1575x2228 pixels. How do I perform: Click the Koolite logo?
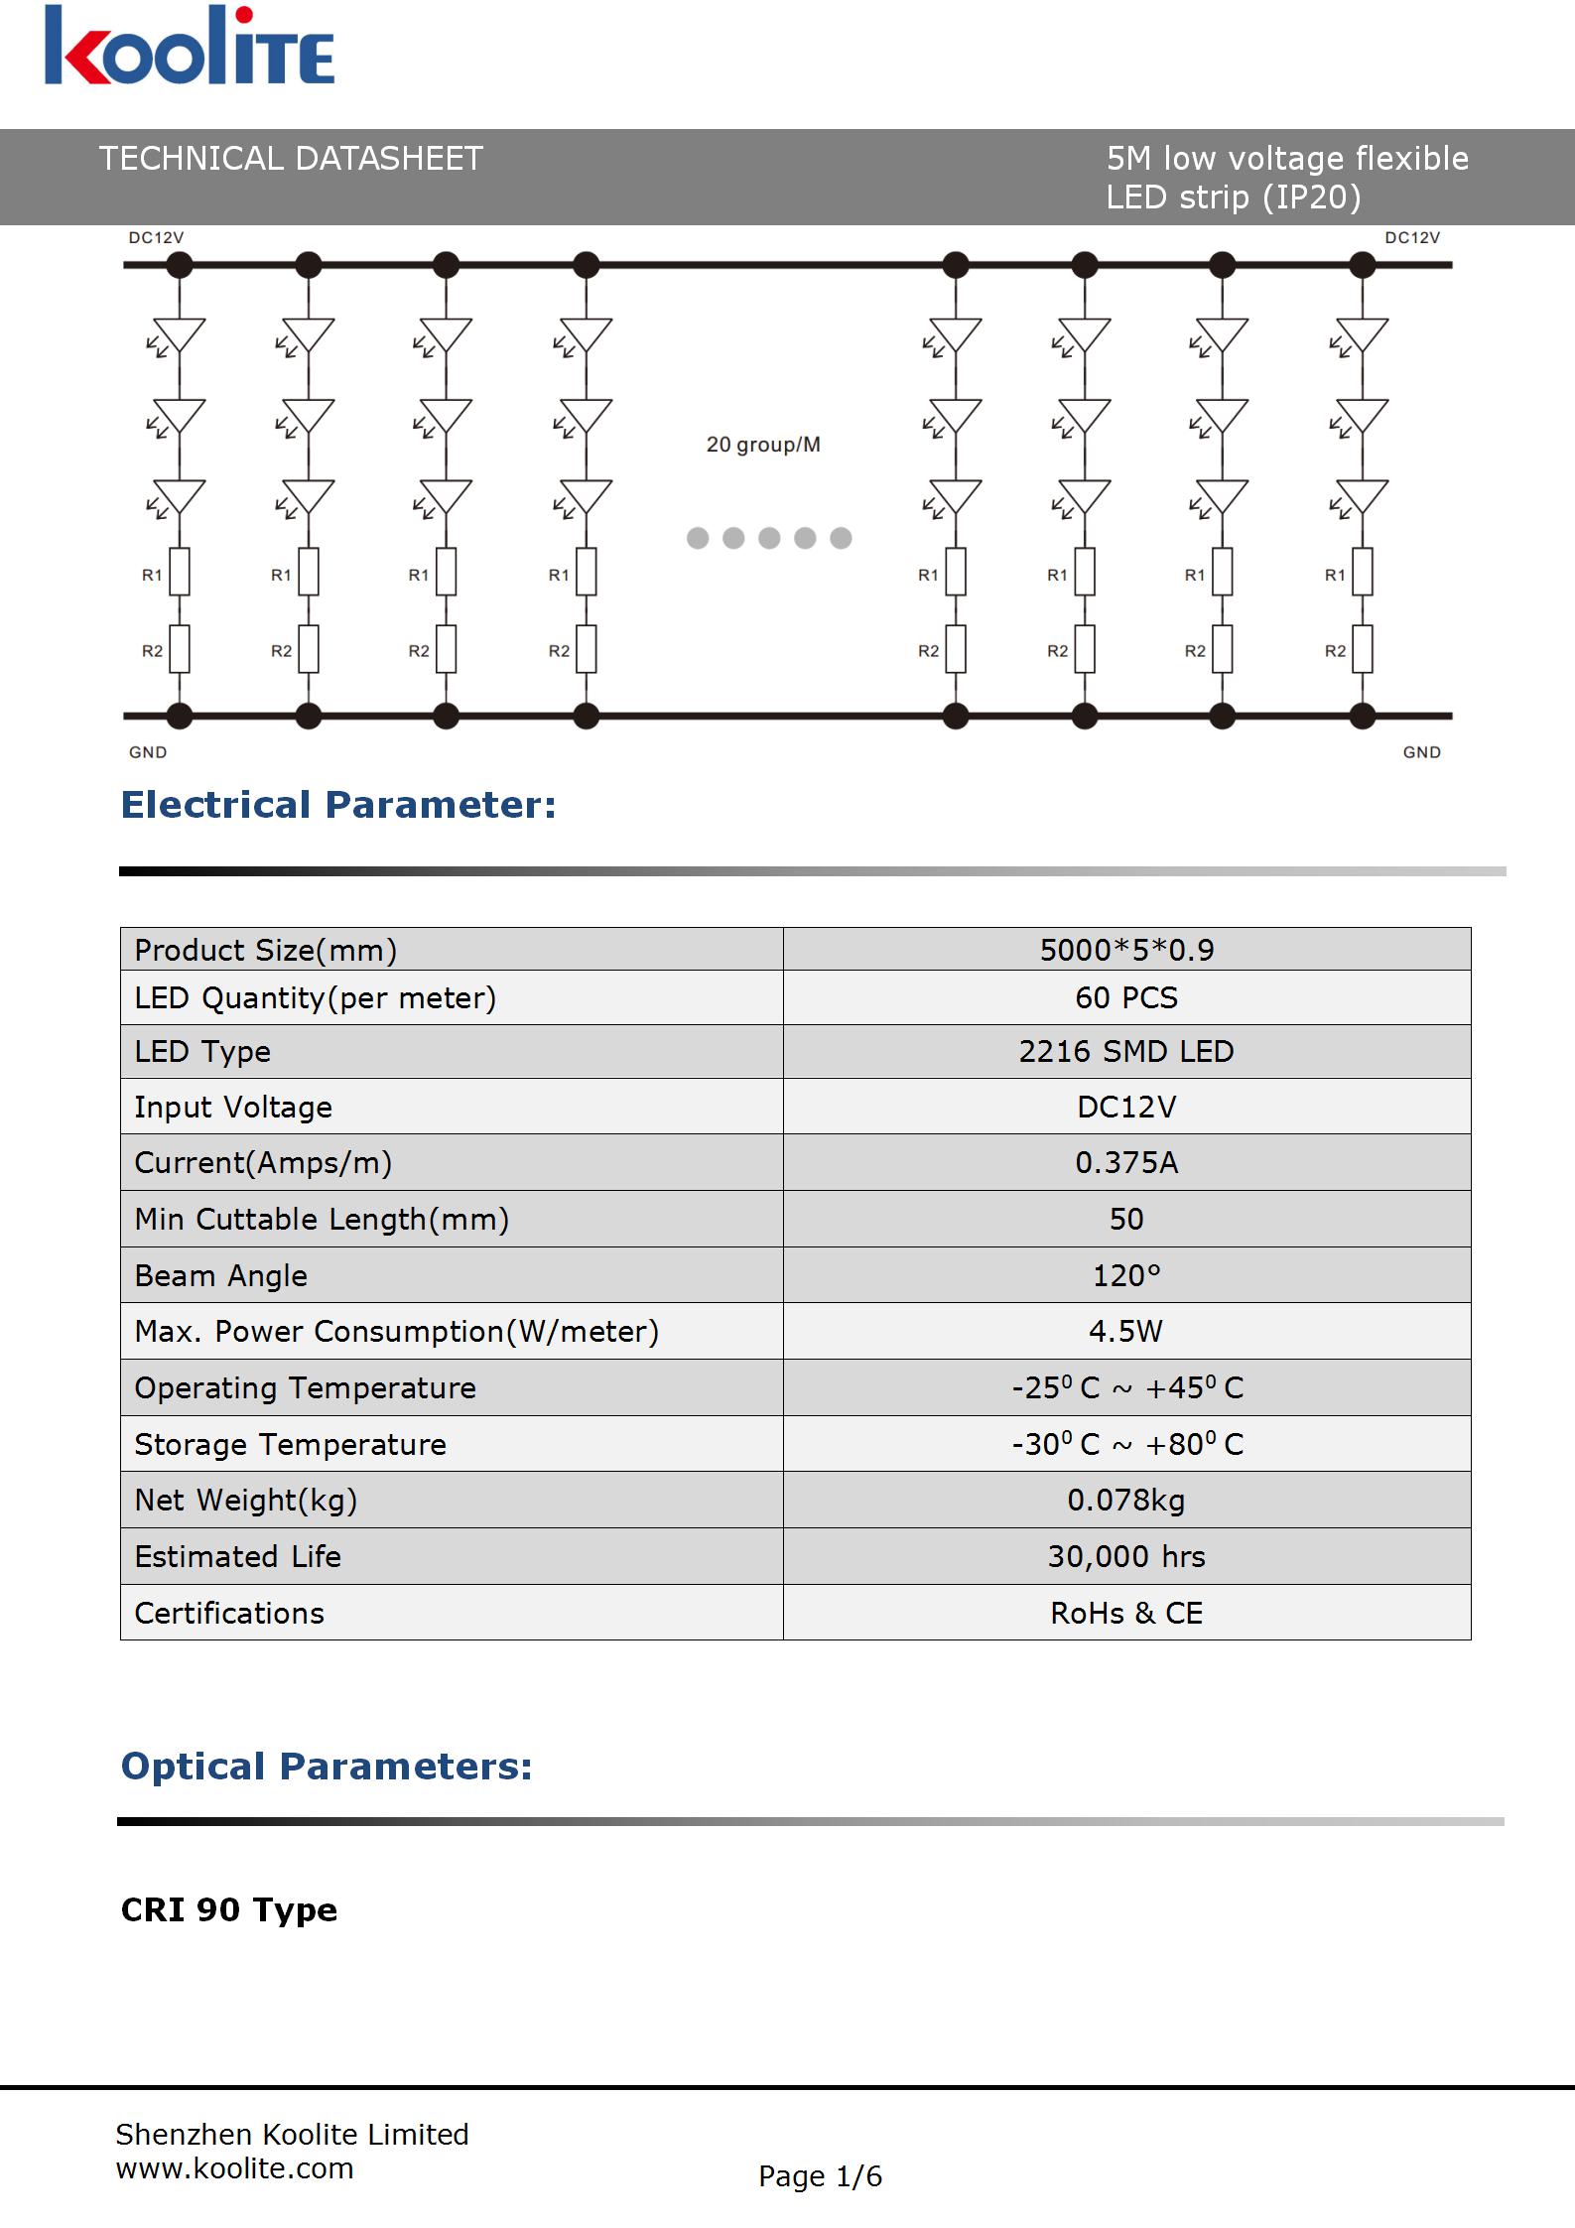[189, 48]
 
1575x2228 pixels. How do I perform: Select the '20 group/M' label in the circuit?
[763, 445]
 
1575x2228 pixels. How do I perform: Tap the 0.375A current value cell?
[1126, 1162]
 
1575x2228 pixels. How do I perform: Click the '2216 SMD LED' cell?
[1126, 1051]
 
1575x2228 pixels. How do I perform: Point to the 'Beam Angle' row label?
[220, 1275]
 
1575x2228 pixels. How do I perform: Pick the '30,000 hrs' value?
[1126, 1556]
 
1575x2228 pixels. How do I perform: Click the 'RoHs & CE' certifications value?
[1126, 1613]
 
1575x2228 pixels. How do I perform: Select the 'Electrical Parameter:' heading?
[338, 805]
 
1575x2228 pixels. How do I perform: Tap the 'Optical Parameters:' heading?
[327, 1767]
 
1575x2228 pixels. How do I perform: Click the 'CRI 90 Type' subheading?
[228, 1909]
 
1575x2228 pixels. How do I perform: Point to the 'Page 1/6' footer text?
[820, 2176]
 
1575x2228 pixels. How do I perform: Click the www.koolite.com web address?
[234, 2168]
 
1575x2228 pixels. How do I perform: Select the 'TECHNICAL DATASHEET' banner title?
[291, 159]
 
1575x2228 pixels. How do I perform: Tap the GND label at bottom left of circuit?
[148, 752]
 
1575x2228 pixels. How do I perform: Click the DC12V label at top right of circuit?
[1412, 238]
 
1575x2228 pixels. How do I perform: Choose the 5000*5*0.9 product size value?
[1126, 950]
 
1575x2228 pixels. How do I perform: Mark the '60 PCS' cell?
[1126, 997]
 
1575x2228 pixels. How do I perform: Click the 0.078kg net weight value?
[1126, 1500]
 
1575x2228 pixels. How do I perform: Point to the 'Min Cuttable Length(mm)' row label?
[322, 1219]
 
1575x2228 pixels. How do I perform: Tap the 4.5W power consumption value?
[1126, 1331]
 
